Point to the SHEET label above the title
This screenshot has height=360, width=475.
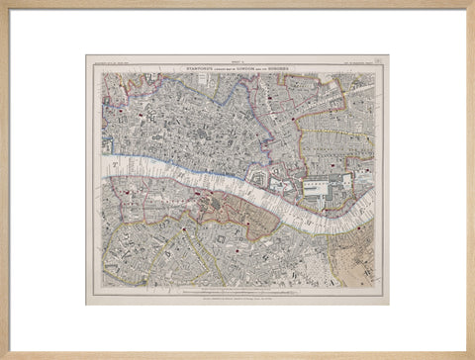tap(238, 61)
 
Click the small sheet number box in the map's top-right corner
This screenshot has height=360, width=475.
tap(378, 62)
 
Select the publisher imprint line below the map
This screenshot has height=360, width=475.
tap(237, 294)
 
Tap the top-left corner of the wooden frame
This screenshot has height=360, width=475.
tap(4, 4)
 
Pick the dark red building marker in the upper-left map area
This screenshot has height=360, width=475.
tap(141, 115)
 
